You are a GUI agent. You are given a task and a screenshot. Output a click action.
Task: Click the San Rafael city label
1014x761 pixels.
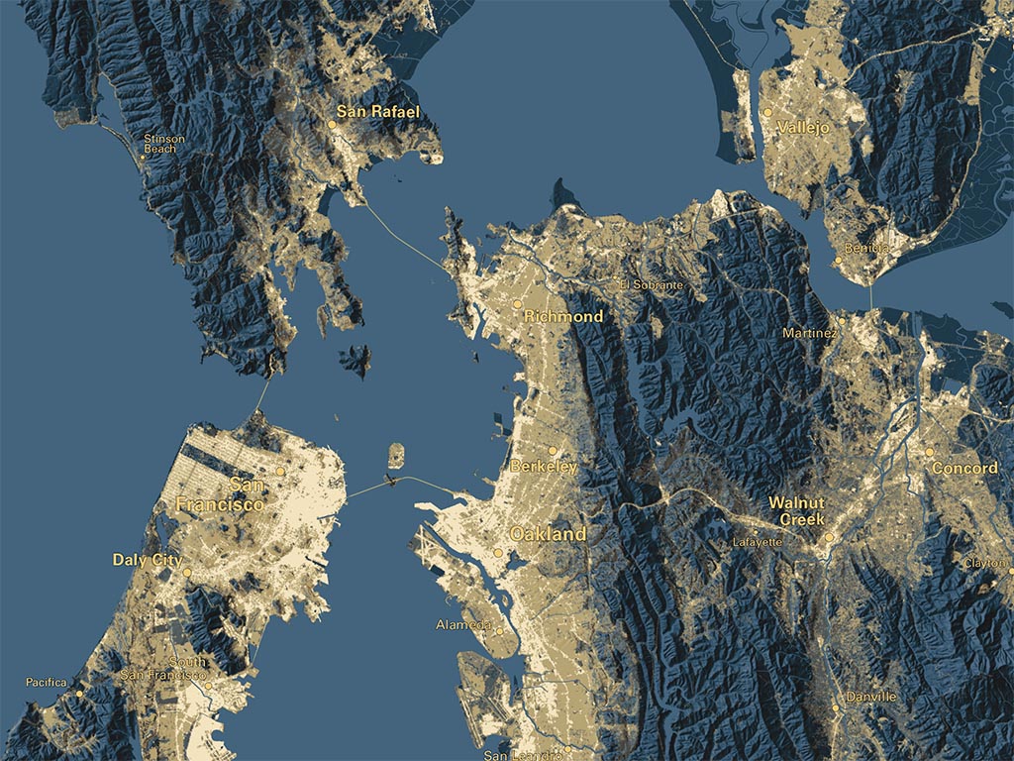378,112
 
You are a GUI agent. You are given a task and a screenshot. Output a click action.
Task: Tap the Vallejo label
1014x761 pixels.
803,128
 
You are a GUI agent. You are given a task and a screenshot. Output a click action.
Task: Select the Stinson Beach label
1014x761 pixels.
163,144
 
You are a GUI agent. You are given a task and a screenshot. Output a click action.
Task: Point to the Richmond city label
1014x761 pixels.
563,316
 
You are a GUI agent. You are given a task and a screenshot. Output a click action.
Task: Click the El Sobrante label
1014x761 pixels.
651,285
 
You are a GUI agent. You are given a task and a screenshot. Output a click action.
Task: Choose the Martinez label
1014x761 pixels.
808,334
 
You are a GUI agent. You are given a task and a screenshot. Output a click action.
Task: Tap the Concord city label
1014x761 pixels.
964,468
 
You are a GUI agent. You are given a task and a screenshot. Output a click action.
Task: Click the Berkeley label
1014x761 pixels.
544,467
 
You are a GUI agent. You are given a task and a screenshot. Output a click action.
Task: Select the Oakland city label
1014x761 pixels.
548,534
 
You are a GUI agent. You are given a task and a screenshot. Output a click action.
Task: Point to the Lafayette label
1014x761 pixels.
758,543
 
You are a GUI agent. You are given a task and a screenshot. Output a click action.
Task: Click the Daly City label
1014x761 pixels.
147,560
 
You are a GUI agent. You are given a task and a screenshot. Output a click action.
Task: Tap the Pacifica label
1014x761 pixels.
47,682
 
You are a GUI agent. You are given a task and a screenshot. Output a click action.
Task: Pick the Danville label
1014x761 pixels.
870,697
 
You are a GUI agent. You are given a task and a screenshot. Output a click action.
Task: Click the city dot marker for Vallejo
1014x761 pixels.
766,114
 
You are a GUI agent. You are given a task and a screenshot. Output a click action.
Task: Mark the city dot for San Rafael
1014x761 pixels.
333,124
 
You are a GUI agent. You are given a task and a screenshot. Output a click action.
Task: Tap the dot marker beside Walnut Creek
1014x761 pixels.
829,538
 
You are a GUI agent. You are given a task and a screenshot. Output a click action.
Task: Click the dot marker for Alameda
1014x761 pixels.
500,631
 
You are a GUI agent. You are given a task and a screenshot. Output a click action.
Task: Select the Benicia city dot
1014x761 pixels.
838,262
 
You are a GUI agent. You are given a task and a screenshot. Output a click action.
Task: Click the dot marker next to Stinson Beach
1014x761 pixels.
143,157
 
